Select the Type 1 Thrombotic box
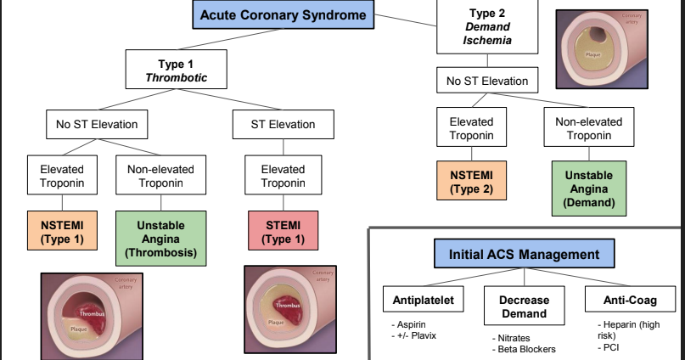(x=177, y=70)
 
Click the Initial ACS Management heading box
(x=518, y=254)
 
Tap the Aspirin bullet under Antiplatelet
(x=411, y=326)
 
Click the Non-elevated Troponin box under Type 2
(x=588, y=127)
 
